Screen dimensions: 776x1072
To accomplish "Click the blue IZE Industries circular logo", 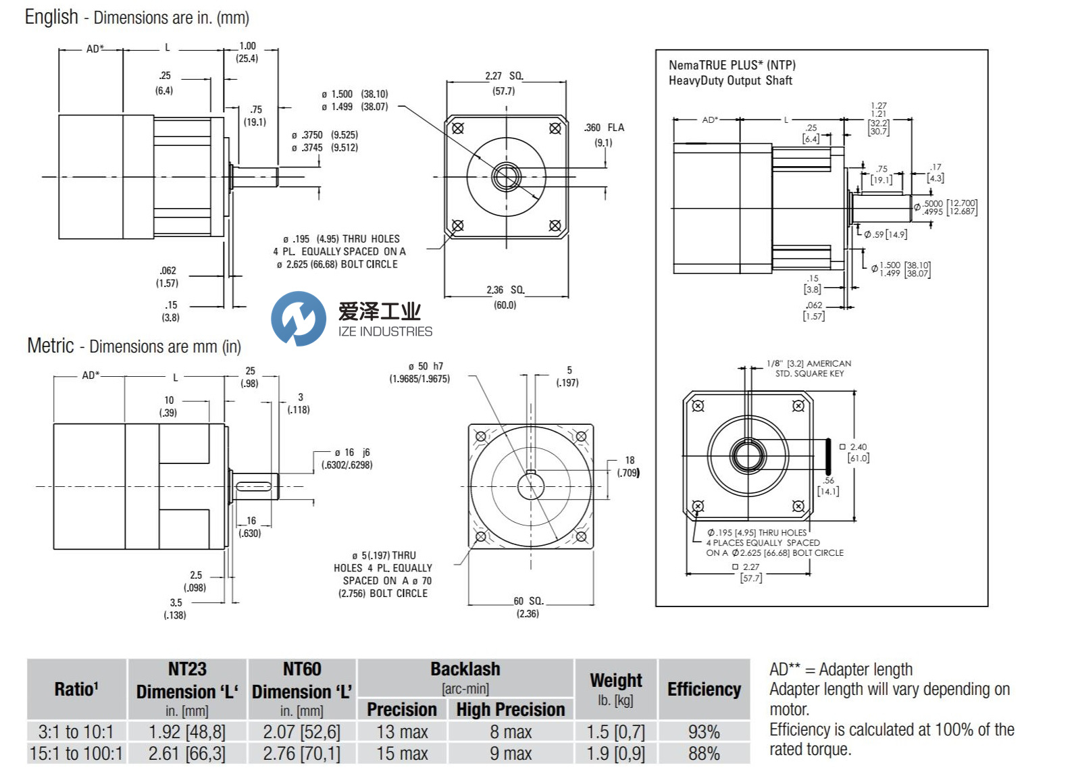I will pos(298,319).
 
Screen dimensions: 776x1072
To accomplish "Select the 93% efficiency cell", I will pos(704,731).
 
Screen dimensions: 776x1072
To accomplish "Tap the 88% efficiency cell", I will pos(704,753).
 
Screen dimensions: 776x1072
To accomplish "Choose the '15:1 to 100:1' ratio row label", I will pos(76,753).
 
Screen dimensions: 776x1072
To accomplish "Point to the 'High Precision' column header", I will pos(510,709).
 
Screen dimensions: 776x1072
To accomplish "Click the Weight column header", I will pos(615,680).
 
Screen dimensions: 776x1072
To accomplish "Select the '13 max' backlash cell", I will pos(402,731).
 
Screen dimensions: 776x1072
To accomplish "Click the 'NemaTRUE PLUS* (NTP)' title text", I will pos(732,65).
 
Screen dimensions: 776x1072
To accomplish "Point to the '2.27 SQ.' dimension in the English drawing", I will pos(504,76).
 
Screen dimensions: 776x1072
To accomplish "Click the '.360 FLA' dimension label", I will pos(604,128).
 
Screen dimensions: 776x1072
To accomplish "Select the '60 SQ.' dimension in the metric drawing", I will pos(528,600).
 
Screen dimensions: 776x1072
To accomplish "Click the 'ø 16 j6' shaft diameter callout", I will pos(352,452).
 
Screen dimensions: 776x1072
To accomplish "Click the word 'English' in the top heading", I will pos(51,17).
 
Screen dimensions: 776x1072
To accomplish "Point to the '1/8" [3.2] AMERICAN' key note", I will pos(809,363).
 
